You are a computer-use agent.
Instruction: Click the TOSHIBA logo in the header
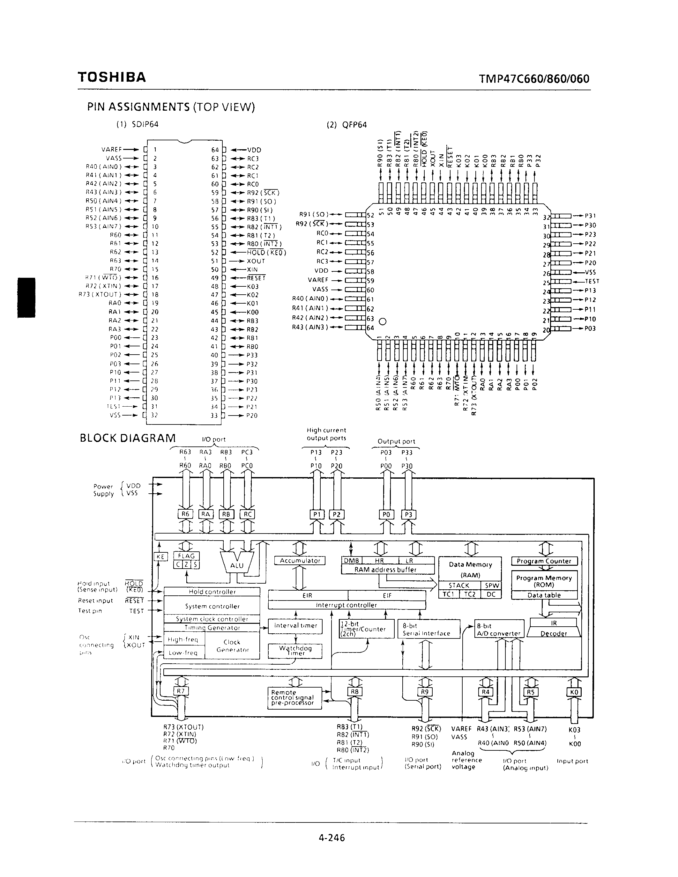pyautogui.click(x=112, y=77)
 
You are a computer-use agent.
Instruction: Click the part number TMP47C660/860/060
pyautogui.click(x=534, y=78)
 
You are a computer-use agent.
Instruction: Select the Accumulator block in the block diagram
pyautogui.click(x=300, y=561)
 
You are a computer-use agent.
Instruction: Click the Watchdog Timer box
pyautogui.click(x=295, y=651)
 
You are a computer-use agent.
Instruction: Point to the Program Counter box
pyautogui.click(x=544, y=561)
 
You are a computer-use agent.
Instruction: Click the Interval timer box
pyautogui.click(x=295, y=626)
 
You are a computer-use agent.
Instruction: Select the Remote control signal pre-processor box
pyautogui.click(x=294, y=698)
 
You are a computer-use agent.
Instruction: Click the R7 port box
pyautogui.click(x=181, y=691)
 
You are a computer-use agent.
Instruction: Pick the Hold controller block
pyautogui.click(x=212, y=592)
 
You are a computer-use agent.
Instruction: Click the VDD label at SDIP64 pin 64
pyautogui.click(x=254, y=150)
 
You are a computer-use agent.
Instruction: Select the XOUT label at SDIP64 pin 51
pyautogui.click(x=256, y=261)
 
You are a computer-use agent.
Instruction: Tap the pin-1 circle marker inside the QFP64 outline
pyautogui.click(x=382, y=321)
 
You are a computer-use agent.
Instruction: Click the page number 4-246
pyautogui.click(x=332, y=838)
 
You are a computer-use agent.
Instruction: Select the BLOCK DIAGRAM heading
pyautogui.click(x=128, y=438)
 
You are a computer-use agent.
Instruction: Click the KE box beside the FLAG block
pyautogui.click(x=160, y=556)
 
